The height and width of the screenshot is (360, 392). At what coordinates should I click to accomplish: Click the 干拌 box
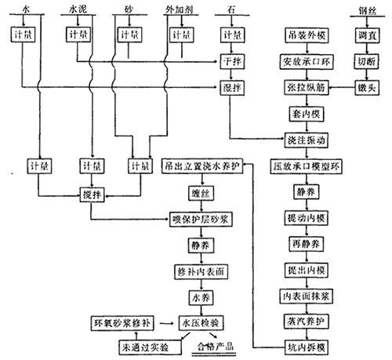pos(231,60)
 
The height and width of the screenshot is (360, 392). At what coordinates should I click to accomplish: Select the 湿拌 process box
pos(231,85)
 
